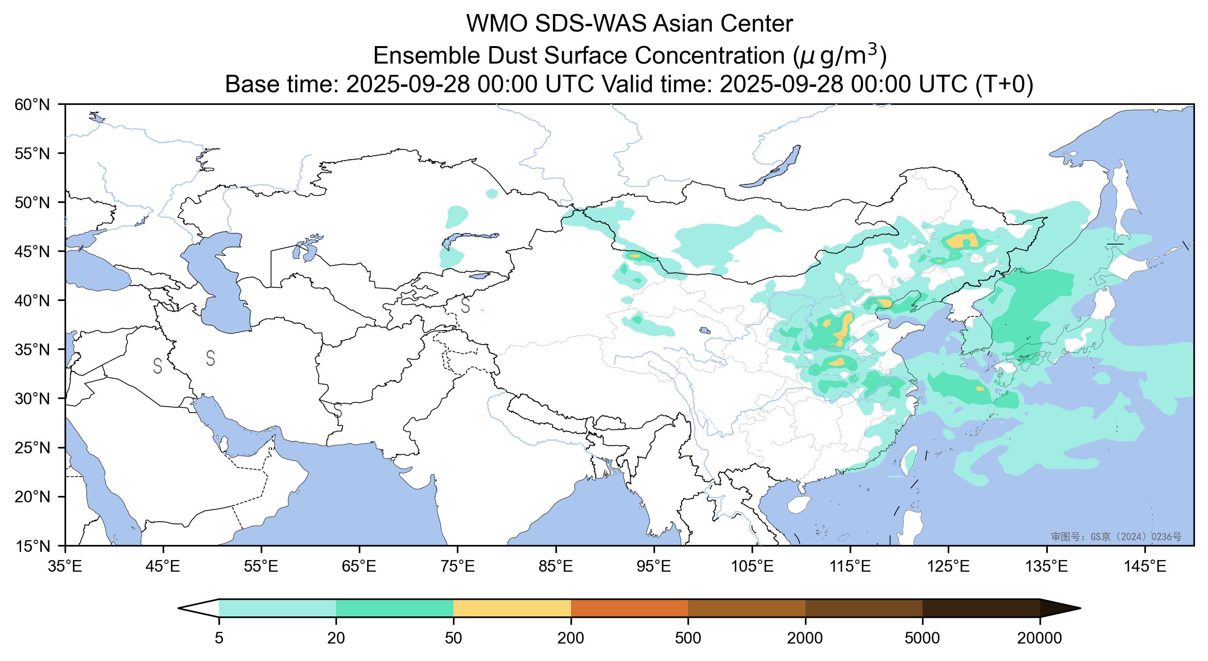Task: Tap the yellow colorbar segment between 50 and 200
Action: tap(512, 608)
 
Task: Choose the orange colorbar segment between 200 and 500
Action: tap(629, 608)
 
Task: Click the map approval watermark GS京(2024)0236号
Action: tap(1116, 536)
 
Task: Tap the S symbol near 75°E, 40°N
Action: tap(465, 305)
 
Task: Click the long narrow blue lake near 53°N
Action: tap(772, 166)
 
